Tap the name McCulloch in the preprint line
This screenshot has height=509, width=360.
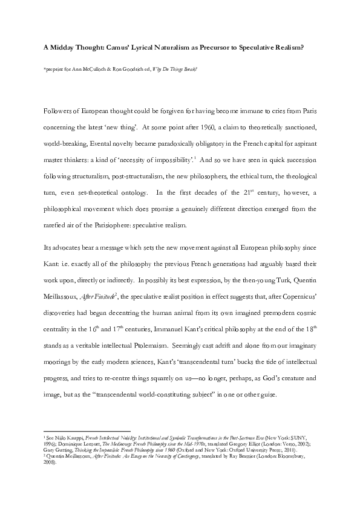click(x=94, y=70)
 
